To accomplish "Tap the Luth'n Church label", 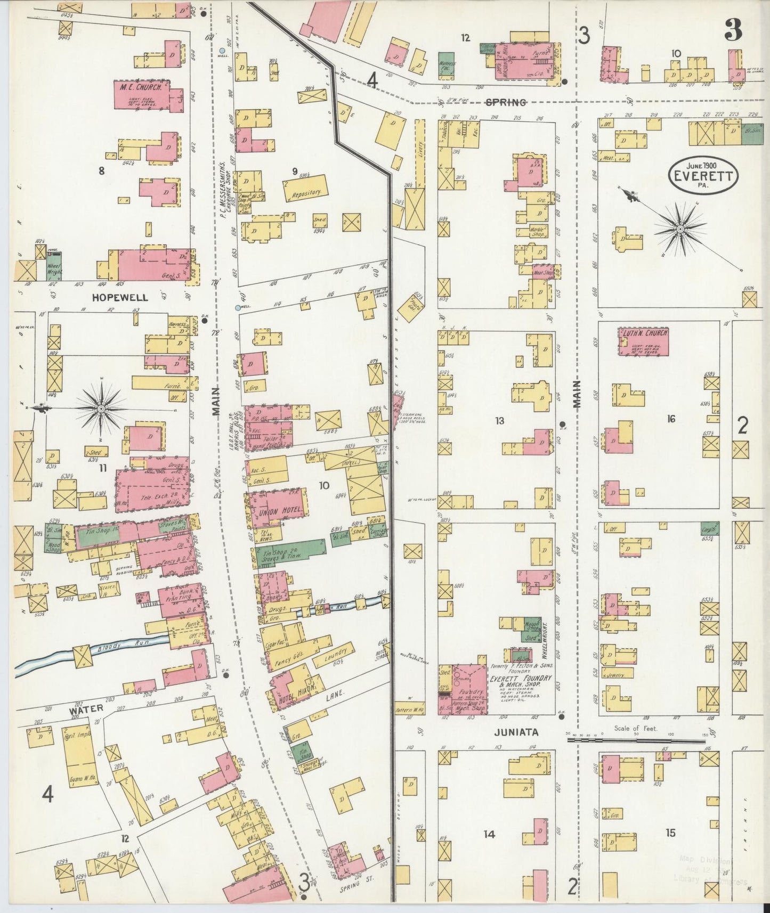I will click(643, 333).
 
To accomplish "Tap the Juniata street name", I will click(515, 732).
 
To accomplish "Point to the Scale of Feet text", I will click(636, 728).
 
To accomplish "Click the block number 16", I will click(670, 419).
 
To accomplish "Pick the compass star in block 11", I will click(101, 407).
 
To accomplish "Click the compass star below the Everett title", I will click(680, 229).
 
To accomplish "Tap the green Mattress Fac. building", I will click(447, 66).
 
